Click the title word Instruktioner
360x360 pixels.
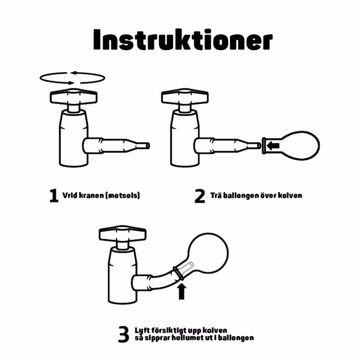point(182,41)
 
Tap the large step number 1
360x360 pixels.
point(54,196)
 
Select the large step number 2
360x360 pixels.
point(199,196)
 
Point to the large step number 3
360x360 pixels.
point(123,334)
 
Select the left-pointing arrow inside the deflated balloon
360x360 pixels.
point(274,145)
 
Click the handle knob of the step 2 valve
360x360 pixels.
point(184,97)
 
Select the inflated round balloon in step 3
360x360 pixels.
point(208,254)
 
